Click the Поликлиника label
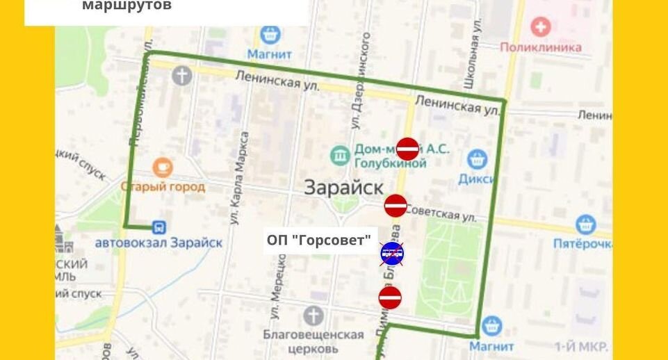click(540, 47)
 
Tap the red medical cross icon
click(540, 28)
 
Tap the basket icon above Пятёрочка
click(585, 224)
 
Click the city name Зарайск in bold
click(343, 188)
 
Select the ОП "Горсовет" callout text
click(318, 240)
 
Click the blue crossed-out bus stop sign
click(391, 253)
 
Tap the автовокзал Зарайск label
click(158, 243)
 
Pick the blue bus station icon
click(159, 227)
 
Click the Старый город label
click(163, 186)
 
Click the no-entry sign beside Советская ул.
click(396, 205)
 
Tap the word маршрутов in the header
click(127, 6)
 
